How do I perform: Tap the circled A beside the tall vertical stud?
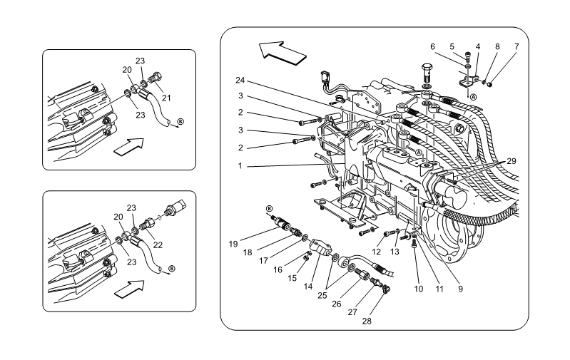pos(473,96)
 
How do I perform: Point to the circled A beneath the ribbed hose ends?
pos(419,153)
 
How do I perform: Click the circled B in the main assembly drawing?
pos(269,209)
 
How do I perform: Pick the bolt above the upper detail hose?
pos(155,74)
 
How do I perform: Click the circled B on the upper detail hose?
pos(180,122)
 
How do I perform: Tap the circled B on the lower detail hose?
pos(171,269)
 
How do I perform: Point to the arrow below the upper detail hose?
pos(128,146)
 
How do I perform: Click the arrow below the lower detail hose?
pos(129,289)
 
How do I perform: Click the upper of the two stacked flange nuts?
pos(426,88)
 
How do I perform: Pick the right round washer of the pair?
pos(350,267)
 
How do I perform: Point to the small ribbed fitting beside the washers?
pos(388,273)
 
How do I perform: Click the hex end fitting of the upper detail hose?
pos(134,89)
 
